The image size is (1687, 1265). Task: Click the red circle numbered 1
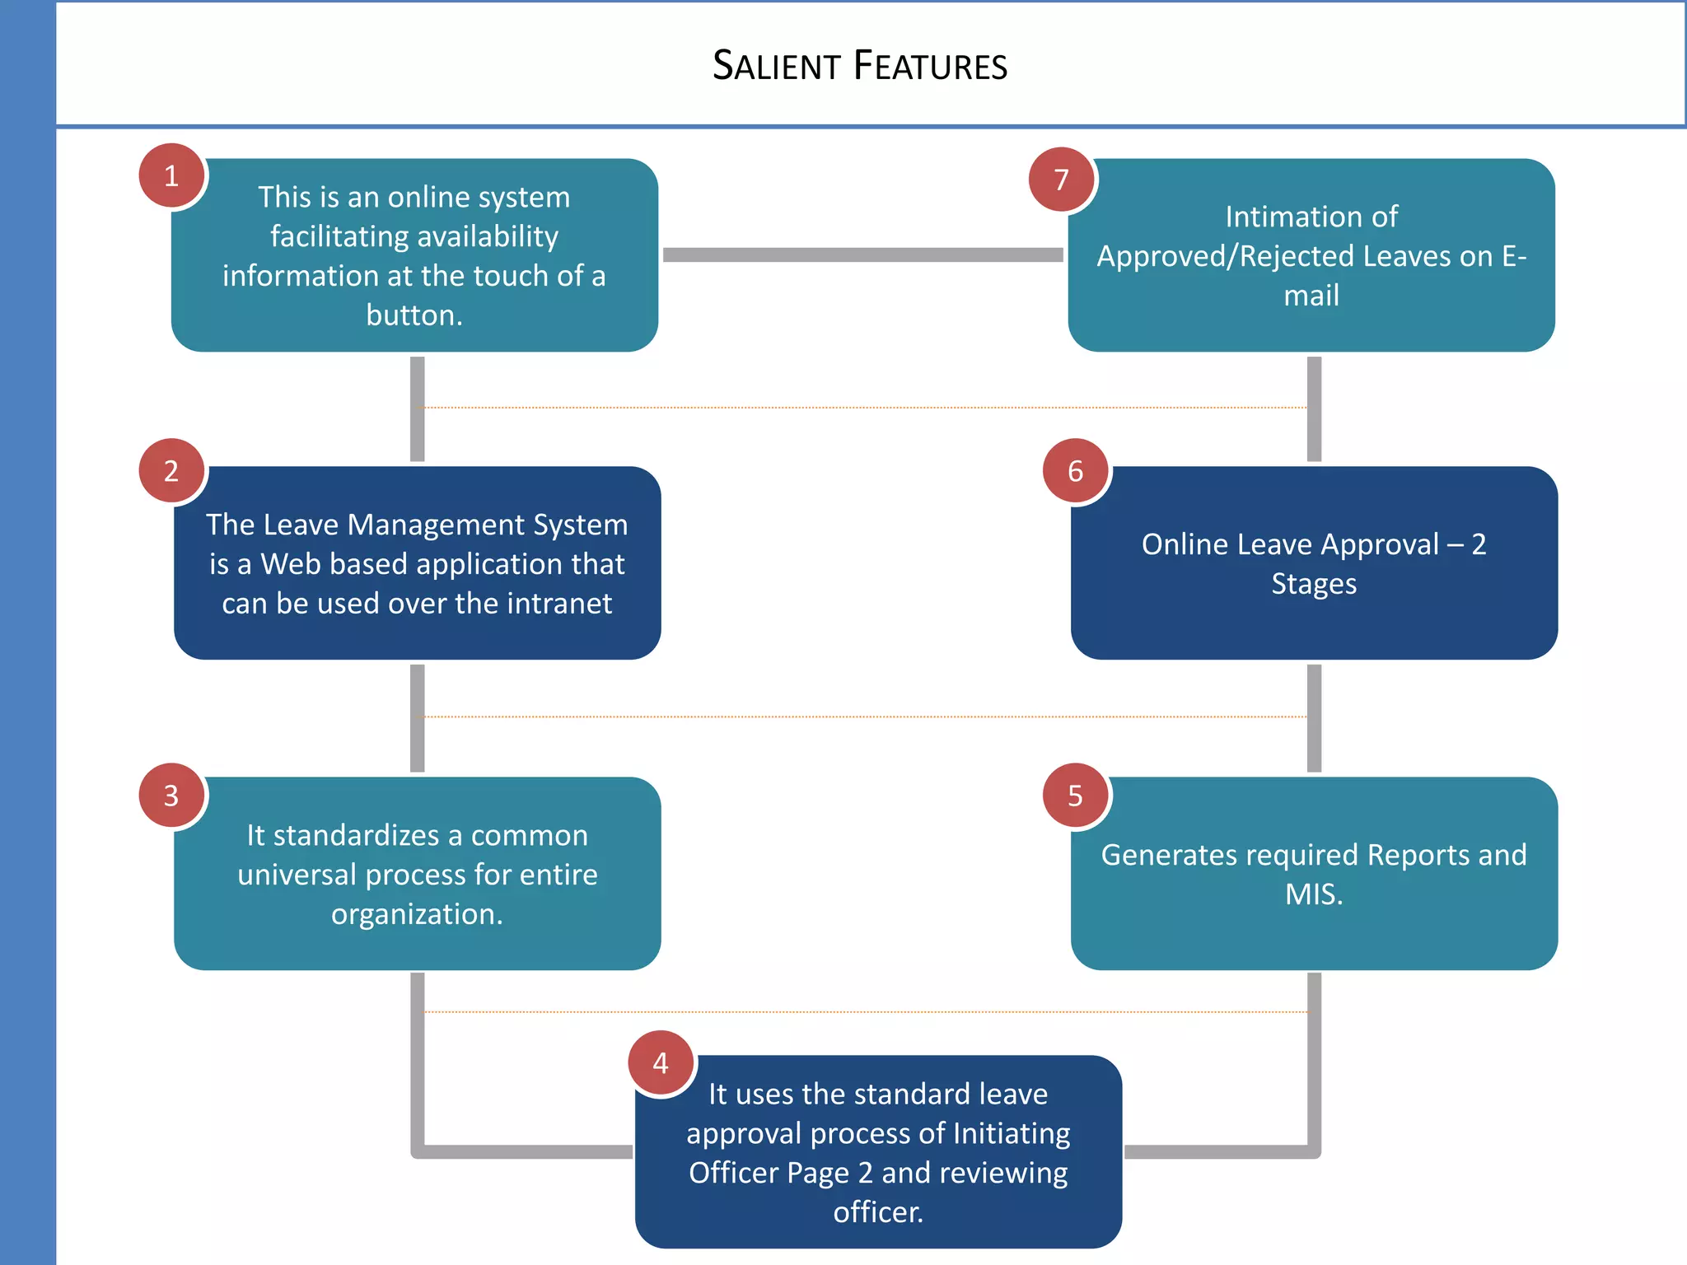click(171, 175)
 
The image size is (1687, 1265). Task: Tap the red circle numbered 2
click(171, 470)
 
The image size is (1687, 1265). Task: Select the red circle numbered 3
click(171, 795)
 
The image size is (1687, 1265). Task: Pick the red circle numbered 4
click(661, 1062)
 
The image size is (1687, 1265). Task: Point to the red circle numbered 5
click(1075, 795)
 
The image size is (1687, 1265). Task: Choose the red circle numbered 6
click(1075, 470)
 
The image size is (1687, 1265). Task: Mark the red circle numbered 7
click(1061, 179)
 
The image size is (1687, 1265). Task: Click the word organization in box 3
click(416, 914)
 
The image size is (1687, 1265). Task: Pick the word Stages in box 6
click(1313, 584)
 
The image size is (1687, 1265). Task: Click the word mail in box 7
click(1311, 296)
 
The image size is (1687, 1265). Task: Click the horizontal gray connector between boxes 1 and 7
click(862, 255)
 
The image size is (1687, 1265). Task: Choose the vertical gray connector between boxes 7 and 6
click(1314, 409)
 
